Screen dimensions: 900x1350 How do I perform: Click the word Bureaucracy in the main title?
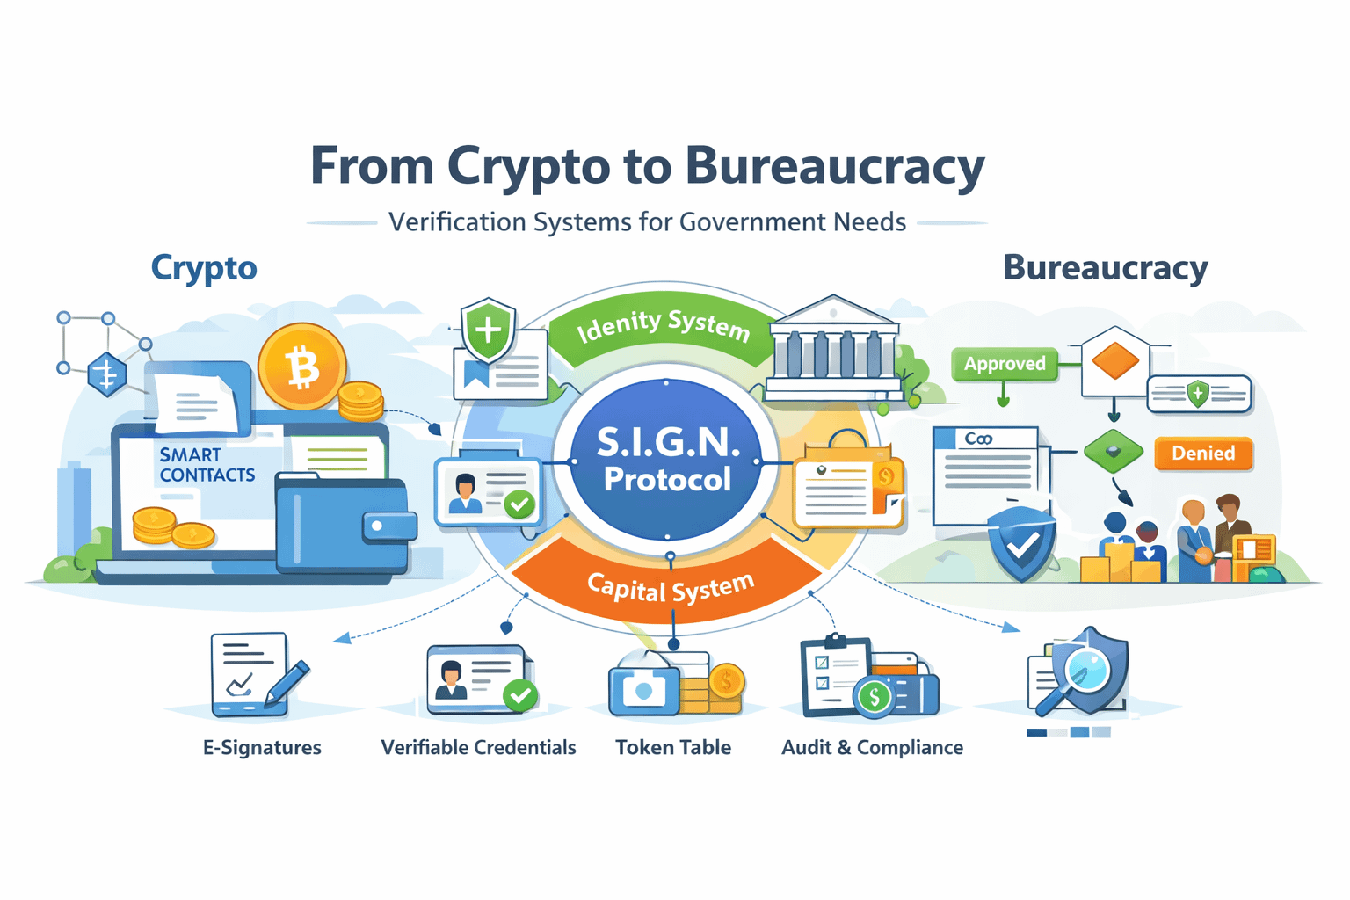coord(834,166)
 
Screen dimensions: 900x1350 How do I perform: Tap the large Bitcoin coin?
coord(301,367)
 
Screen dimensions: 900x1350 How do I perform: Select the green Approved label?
coord(1005,364)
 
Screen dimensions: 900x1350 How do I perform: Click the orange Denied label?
coord(1202,454)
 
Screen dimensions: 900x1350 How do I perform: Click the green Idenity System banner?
coord(663,326)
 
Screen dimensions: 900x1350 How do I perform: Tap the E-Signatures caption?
coord(262,748)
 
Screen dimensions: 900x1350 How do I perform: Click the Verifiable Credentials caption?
coord(478,748)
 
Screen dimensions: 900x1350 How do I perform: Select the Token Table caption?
coord(673,748)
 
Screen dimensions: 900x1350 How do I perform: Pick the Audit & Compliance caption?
coord(872,748)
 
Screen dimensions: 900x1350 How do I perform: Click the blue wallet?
coord(343,524)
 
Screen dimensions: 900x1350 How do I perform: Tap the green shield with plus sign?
coord(489,330)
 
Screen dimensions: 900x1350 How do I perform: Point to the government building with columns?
coord(833,347)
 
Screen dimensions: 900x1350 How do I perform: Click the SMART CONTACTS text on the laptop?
coord(207,465)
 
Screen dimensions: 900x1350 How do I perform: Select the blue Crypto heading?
coord(204,268)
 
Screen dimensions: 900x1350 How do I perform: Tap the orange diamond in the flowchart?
coord(1114,360)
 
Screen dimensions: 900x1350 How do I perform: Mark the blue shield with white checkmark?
coord(1021,545)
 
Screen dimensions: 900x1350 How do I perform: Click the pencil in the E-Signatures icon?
coord(287,682)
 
